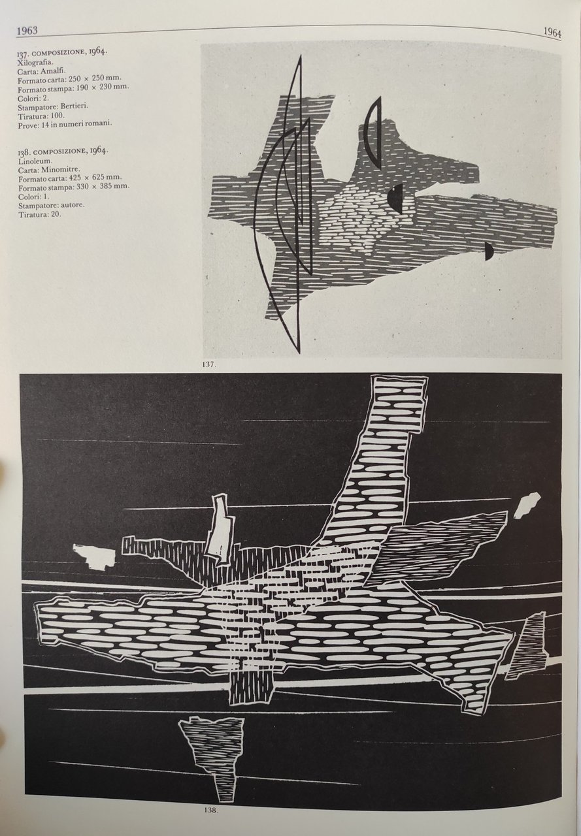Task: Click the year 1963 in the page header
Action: click(x=27, y=30)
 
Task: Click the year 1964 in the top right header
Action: click(x=552, y=33)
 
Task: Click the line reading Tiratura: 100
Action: click(x=41, y=116)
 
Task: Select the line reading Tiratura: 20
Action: click(x=40, y=214)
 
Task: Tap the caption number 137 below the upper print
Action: click(x=208, y=364)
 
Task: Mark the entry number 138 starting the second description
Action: click(x=23, y=152)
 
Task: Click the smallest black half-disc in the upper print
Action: click(x=489, y=251)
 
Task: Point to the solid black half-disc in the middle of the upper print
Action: click(x=397, y=198)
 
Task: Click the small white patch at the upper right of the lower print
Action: click(x=527, y=506)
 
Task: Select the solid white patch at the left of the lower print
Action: click(x=93, y=556)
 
